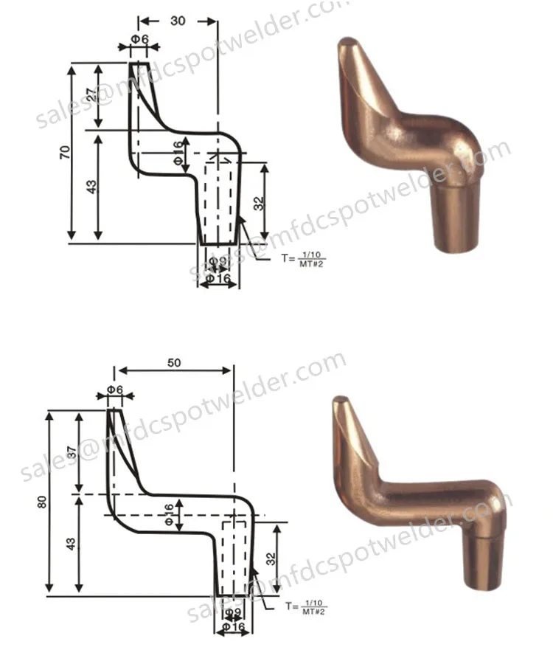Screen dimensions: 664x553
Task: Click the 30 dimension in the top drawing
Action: pos(178,21)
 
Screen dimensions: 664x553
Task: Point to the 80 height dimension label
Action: pos(42,502)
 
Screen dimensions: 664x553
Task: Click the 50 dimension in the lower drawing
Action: pos(175,362)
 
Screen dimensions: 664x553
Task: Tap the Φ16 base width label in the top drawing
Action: pos(220,279)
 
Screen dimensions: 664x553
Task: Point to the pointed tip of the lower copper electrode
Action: pos(339,401)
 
